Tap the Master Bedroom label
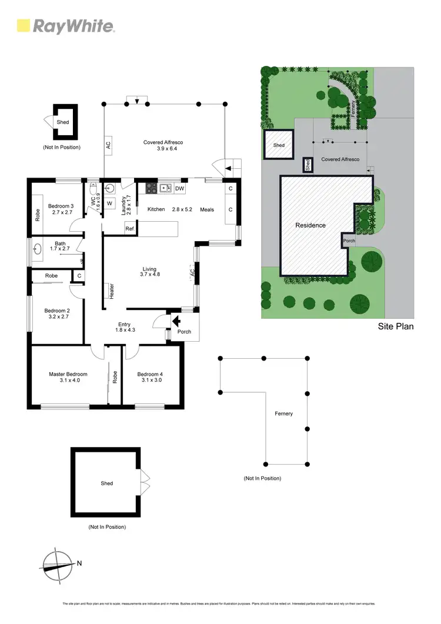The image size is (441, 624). pyautogui.click(x=68, y=377)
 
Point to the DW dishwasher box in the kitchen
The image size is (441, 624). pyautogui.click(x=180, y=188)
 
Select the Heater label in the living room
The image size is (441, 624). pyautogui.click(x=110, y=292)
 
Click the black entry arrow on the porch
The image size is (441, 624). pyautogui.click(x=175, y=321)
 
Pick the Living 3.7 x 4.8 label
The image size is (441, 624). pyautogui.click(x=149, y=272)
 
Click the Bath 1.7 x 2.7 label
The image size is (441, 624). pyautogui.click(x=60, y=246)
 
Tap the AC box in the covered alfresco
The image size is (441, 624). pyautogui.click(x=109, y=146)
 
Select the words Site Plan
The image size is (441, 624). pyautogui.click(x=395, y=325)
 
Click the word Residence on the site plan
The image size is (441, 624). pyautogui.click(x=310, y=225)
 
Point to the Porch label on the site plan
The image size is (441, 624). pyautogui.click(x=349, y=241)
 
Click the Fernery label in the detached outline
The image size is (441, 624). pyautogui.click(x=283, y=413)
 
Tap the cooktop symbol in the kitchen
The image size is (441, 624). pyautogui.click(x=151, y=188)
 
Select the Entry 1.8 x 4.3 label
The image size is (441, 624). pyautogui.click(x=124, y=327)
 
